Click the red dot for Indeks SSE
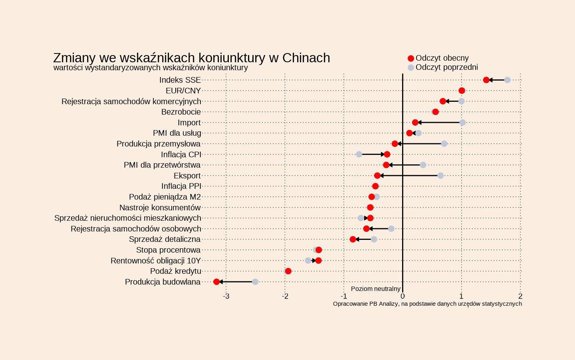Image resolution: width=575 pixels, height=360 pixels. pyautogui.click(x=486, y=80)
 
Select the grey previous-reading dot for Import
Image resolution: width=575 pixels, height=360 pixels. pyautogui.click(x=462, y=123)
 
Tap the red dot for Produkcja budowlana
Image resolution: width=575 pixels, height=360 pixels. pyautogui.click(x=216, y=282)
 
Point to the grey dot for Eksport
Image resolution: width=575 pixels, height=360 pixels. pyautogui.click(x=440, y=176)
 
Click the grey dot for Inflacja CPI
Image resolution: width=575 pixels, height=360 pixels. pyautogui.click(x=359, y=154)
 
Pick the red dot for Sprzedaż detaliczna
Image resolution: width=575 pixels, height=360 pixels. pyautogui.click(x=353, y=239)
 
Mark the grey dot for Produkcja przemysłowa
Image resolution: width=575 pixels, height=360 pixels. pyautogui.click(x=444, y=144)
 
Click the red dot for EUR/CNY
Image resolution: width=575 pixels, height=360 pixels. pyautogui.click(x=462, y=91)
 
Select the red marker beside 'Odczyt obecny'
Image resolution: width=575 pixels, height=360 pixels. pyautogui.click(x=410, y=58)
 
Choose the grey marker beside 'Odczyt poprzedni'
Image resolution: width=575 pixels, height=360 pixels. pyautogui.click(x=410, y=67)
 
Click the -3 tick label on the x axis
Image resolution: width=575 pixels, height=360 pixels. pyautogui.click(x=226, y=296)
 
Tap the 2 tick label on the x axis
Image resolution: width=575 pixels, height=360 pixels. pyautogui.click(x=520, y=296)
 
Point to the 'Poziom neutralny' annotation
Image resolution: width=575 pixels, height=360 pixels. pyautogui.click(x=375, y=289)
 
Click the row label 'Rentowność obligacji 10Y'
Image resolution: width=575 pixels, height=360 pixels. pyautogui.click(x=156, y=261)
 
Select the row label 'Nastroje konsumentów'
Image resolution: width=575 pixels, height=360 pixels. pyautogui.click(x=160, y=208)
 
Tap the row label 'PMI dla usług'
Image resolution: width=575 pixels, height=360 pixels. pyautogui.click(x=177, y=133)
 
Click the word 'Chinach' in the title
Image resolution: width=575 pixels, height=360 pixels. pyautogui.click(x=306, y=58)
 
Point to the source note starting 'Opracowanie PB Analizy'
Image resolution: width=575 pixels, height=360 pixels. pyautogui.click(x=427, y=304)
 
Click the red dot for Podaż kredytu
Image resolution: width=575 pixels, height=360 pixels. pyautogui.click(x=288, y=271)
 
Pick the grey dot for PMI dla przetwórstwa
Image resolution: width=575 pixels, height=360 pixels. pyautogui.click(x=423, y=165)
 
